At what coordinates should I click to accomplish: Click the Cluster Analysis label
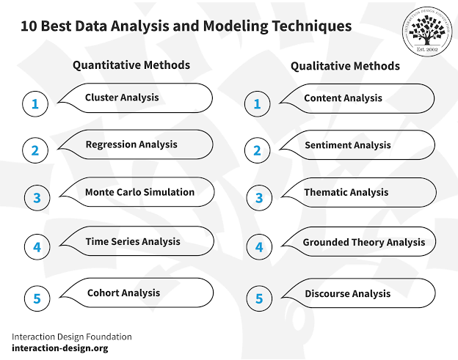(122, 98)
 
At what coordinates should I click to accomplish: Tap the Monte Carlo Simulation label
(139, 192)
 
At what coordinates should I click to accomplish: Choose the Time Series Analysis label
(133, 241)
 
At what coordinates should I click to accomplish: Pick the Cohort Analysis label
(123, 293)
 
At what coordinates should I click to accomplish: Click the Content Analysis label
(343, 98)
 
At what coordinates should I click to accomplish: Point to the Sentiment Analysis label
(348, 145)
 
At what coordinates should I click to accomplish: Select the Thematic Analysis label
(346, 193)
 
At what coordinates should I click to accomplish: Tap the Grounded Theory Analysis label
(364, 242)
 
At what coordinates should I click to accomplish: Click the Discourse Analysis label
(348, 293)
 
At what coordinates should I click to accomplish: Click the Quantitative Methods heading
(131, 65)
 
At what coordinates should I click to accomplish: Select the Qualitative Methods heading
(345, 66)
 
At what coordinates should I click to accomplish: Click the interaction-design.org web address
(59, 348)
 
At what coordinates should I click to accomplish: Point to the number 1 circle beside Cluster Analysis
(34, 104)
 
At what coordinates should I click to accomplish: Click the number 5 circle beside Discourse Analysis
(258, 298)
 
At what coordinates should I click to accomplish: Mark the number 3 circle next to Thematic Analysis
(258, 199)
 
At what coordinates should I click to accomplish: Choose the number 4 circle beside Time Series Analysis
(37, 247)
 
